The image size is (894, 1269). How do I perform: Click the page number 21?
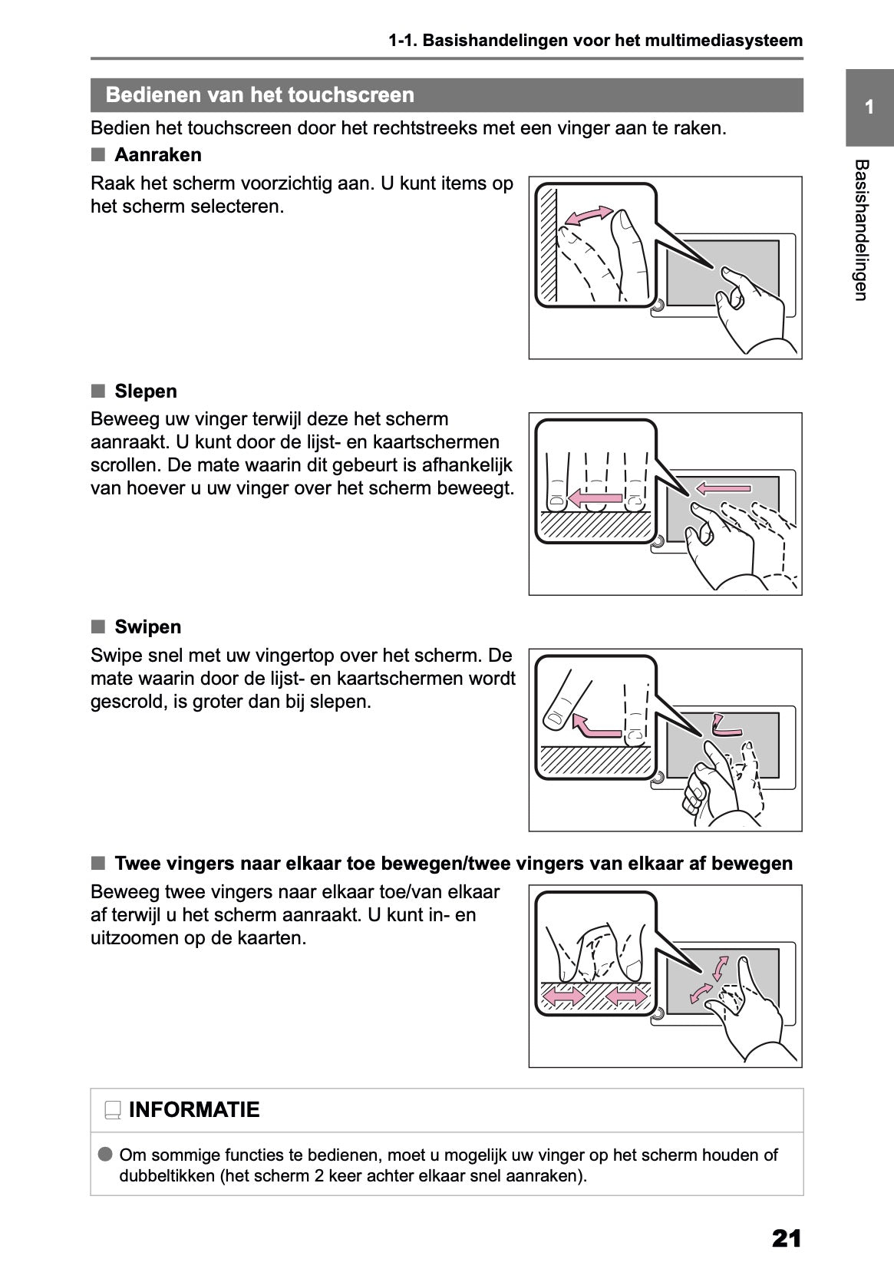(x=787, y=1238)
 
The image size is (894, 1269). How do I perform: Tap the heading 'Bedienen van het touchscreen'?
(x=259, y=95)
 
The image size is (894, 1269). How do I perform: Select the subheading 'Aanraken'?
(x=157, y=155)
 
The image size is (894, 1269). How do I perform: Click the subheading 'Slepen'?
(x=145, y=392)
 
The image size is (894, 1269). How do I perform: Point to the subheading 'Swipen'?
(x=147, y=627)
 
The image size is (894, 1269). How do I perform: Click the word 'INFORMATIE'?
(x=194, y=1110)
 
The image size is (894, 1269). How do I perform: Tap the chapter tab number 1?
(x=869, y=107)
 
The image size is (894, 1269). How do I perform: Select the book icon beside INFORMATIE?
(x=113, y=1111)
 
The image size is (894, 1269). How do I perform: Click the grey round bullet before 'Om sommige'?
(x=105, y=1155)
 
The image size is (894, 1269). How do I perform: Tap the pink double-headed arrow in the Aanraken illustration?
(x=589, y=216)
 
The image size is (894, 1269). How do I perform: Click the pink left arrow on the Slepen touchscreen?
(x=723, y=487)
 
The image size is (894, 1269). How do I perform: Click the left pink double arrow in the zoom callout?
(x=563, y=997)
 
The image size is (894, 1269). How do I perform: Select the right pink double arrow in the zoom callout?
(x=625, y=997)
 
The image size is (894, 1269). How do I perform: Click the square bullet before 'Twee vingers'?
(x=97, y=863)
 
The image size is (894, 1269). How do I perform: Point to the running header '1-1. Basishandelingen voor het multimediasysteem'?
(x=595, y=41)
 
